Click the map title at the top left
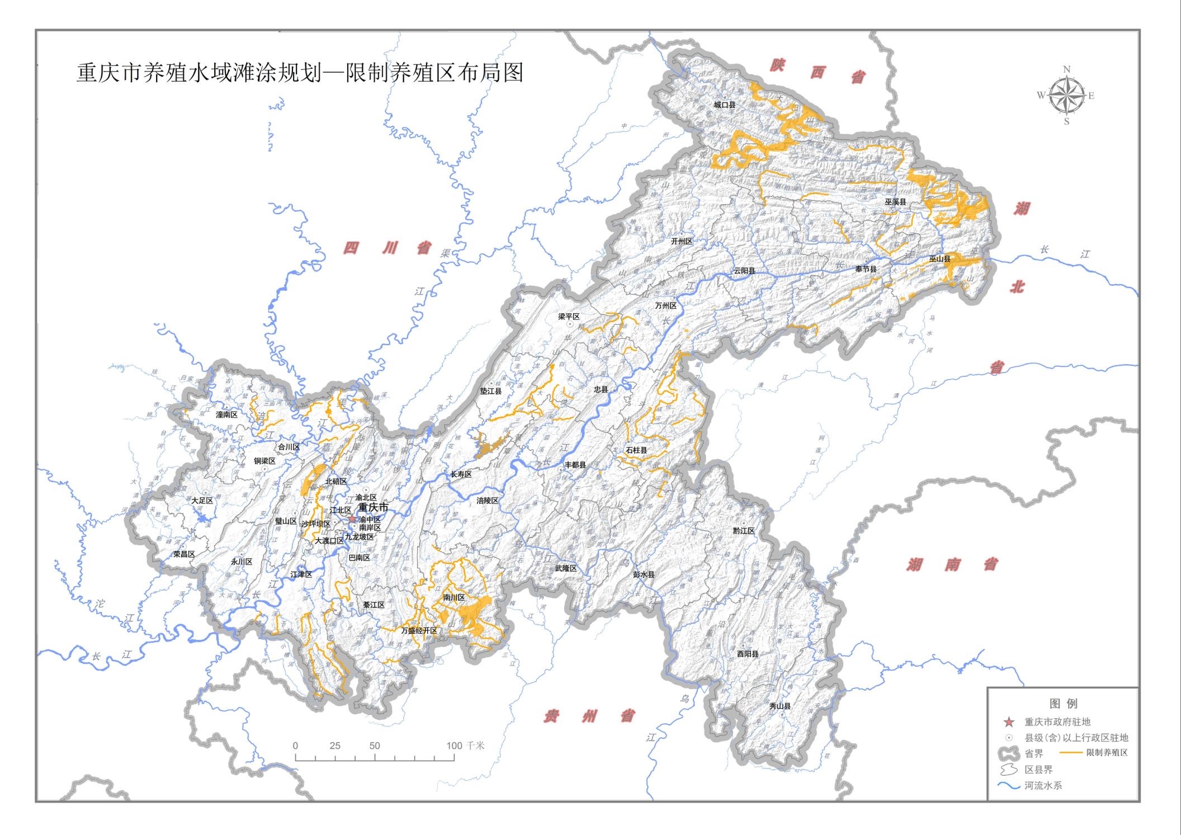300,73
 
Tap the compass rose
1066,96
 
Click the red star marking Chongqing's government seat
352,519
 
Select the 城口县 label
724,105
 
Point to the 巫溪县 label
895,201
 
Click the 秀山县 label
780,706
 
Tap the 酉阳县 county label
747,653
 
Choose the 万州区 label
665,306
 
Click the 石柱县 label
636,450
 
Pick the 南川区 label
453,597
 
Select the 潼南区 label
226,414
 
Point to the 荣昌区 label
183,554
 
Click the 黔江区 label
744,530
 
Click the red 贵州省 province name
589,716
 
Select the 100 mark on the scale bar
454,746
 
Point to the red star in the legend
1009,722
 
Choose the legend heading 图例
1063,704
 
